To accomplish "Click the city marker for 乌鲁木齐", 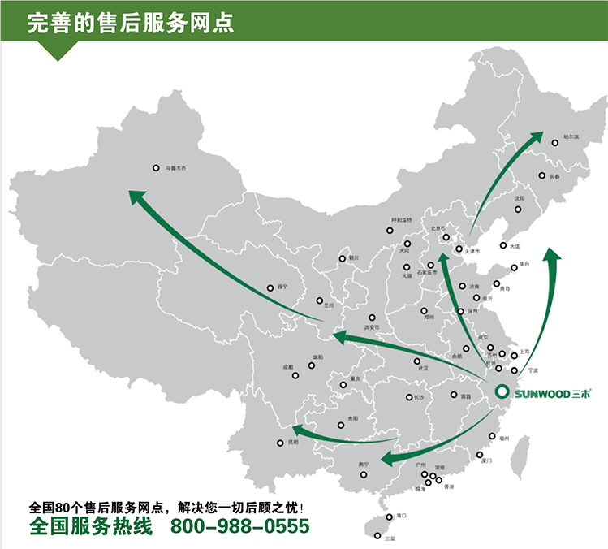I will pos(156,169).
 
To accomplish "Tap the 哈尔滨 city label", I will pos(571,137).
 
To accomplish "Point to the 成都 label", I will pos(288,367).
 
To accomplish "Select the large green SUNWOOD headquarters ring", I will pos(503,391).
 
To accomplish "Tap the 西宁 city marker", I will pos(270,288).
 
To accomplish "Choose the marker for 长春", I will pos(541,175).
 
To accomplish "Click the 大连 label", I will pos(515,246).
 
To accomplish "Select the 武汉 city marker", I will pos(417,361).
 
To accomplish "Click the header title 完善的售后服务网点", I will pos(131,23).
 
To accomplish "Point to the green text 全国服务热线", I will pos(90,526).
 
